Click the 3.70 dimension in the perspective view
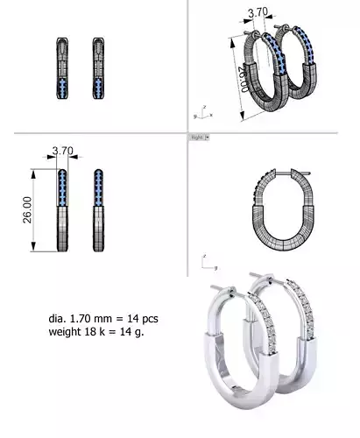[258, 12]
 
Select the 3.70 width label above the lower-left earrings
[62, 151]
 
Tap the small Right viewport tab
[197, 138]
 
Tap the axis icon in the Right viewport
[208, 262]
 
